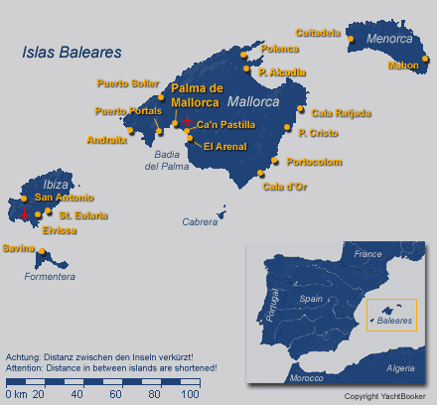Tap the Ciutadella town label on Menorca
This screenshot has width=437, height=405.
(x=318, y=32)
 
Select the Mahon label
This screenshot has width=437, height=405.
(x=403, y=67)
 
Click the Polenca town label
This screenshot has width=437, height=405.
(x=279, y=48)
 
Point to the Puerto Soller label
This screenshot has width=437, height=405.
(x=126, y=82)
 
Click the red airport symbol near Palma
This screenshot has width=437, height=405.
(x=187, y=120)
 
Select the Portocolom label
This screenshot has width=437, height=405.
(x=313, y=161)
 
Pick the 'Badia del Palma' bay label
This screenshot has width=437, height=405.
(x=168, y=160)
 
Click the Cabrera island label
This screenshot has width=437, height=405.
(x=201, y=222)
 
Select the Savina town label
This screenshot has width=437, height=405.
(x=18, y=248)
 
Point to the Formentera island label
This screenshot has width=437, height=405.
(x=50, y=276)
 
